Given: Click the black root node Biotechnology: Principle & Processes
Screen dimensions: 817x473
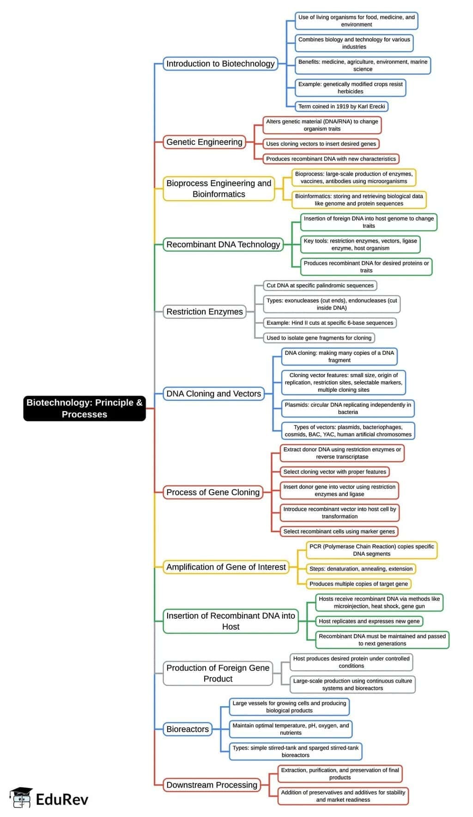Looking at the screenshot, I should click(85, 408).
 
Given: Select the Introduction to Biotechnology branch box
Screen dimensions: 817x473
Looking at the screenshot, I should click(220, 64).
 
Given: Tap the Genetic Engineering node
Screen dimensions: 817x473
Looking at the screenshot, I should click(204, 142).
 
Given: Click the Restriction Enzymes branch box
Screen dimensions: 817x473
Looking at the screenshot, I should click(204, 311).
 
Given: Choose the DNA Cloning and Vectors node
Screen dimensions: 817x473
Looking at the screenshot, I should click(213, 394).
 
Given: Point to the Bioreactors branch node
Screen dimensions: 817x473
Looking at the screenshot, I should click(188, 729).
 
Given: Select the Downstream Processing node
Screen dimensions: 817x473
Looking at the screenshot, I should click(212, 785).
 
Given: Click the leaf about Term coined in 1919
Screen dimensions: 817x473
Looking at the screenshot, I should click(341, 106).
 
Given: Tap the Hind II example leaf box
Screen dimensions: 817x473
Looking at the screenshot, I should click(330, 323).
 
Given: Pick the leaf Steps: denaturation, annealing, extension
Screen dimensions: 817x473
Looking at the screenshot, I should click(361, 568).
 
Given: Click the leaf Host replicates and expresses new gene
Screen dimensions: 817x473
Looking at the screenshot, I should click(369, 621).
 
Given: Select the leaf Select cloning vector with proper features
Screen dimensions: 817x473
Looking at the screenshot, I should click(334, 472).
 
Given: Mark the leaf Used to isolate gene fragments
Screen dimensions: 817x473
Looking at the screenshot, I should click(319, 338).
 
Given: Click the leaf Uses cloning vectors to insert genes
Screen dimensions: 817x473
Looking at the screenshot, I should click(321, 144).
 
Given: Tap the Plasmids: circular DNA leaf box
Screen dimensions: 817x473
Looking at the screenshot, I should click(348, 408).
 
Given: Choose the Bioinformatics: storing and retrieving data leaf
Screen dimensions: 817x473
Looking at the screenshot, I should click(359, 200).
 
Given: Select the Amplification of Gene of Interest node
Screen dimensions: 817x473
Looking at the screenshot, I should click(226, 567).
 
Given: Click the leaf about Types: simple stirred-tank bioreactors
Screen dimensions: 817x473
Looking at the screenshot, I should click(296, 751).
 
